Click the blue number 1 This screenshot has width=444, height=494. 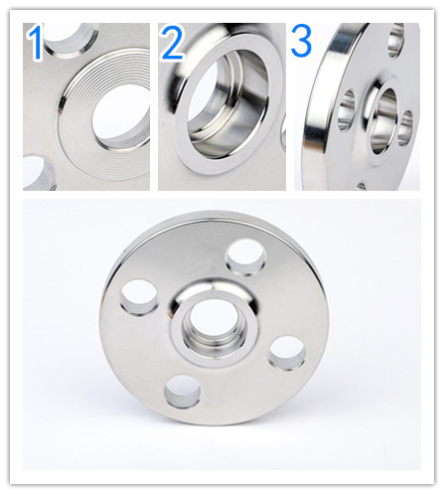[x=36, y=43]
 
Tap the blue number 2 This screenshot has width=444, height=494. [x=172, y=43]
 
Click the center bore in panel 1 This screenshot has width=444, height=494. [x=121, y=116]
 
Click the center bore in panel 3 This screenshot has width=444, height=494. [x=383, y=121]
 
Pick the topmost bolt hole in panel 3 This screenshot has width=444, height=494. [x=396, y=40]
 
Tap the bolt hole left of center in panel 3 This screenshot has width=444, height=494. [x=347, y=110]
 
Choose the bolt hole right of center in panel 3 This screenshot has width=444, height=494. [x=405, y=128]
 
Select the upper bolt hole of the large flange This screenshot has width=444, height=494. [x=245, y=256]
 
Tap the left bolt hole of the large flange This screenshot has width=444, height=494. [x=139, y=297]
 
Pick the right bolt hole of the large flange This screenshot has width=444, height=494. [x=287, y=353]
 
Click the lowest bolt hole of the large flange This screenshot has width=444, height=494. [x=183, y=392]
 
